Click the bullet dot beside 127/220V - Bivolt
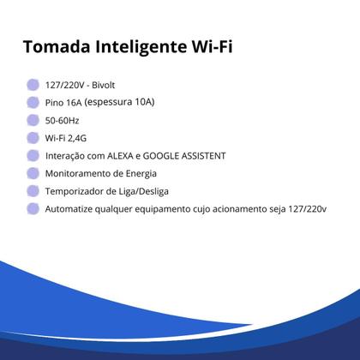pos(33,84)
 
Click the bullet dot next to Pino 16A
pos(33,102)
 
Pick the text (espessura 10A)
pos(119,102)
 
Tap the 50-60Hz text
pos(63,120)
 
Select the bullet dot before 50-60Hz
pos(33,120)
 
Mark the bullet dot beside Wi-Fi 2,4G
pos(33,138)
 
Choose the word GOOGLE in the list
pos(163,156)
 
